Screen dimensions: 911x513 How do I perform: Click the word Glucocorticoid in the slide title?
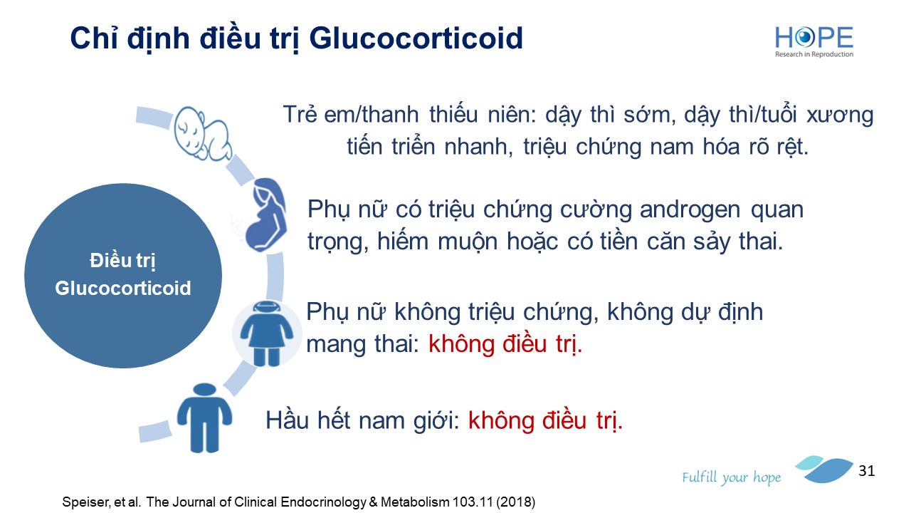point(416,38)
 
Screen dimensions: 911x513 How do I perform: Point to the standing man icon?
point(204,418)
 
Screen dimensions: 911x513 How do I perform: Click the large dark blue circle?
point(123,276)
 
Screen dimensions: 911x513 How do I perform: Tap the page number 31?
point(867,471)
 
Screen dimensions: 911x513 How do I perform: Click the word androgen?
point(690,210)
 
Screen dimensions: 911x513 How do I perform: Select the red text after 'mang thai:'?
point(505,344)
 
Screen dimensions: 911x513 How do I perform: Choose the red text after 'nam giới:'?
point(545,420)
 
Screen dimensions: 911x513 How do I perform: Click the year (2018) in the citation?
point(515,502)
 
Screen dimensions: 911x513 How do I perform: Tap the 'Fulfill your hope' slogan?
point(731,477)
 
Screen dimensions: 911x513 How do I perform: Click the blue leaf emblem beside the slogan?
point(824,469)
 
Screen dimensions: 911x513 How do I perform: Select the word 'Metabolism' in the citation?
point(414,502)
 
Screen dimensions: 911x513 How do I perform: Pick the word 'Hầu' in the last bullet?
point(287,420)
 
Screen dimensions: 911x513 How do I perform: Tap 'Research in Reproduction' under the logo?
point(814,54)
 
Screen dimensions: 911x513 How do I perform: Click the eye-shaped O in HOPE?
point(804,37)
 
